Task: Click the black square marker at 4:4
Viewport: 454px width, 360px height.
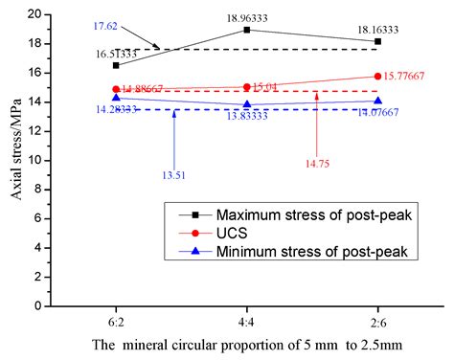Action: point(247,30)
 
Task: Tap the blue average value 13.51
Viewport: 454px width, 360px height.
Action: point(173,174)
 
